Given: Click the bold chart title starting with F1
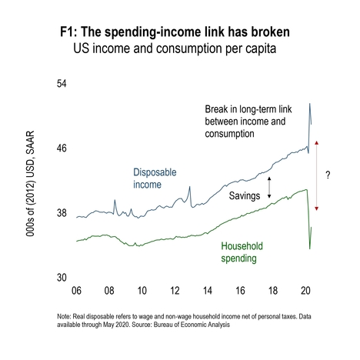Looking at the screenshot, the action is (175, 32).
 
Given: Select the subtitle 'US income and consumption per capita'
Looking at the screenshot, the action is (175, 48).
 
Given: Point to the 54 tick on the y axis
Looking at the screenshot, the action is (62, 84).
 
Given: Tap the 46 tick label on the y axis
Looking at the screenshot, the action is (62, 148).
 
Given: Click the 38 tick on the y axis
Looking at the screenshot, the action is (62, 213).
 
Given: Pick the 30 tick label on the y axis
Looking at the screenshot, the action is (62, 278).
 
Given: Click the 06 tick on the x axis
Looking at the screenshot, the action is (76, 291).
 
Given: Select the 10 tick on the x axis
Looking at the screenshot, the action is (142, 291).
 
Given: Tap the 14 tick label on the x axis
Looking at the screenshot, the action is (208, 291).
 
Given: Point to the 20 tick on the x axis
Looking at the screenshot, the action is (305, 291).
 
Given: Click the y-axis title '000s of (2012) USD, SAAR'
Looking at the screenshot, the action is (30, 184).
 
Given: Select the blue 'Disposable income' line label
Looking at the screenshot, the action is (155, 178).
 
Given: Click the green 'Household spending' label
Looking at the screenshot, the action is (242, 252).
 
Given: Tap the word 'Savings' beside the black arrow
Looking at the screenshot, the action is (245, 196).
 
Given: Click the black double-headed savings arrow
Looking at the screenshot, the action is (269, 188).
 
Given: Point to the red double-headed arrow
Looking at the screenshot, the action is (316, 175).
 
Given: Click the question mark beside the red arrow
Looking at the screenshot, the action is (328, 175).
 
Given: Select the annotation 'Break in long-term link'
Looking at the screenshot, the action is (248, 109).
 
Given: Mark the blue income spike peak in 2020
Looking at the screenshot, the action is (310, 104).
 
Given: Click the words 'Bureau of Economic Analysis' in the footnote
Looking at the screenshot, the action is (192, 325).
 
